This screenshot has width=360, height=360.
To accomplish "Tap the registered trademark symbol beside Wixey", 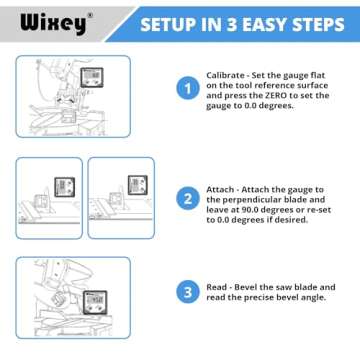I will [x=88, y=13].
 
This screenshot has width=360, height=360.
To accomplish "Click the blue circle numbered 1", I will [x=186, y=89].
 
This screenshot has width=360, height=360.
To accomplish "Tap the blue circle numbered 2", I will [x=186, y=198].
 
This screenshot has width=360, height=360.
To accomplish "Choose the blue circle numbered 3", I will [x=186, y=292].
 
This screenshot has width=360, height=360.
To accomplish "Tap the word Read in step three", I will [x=218, y=286].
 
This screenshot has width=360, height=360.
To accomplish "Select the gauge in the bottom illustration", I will [x=95, y=299].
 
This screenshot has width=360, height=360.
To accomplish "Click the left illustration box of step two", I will [x=48, y=197].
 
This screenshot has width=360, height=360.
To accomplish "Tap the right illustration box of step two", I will [x=124, y=197].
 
